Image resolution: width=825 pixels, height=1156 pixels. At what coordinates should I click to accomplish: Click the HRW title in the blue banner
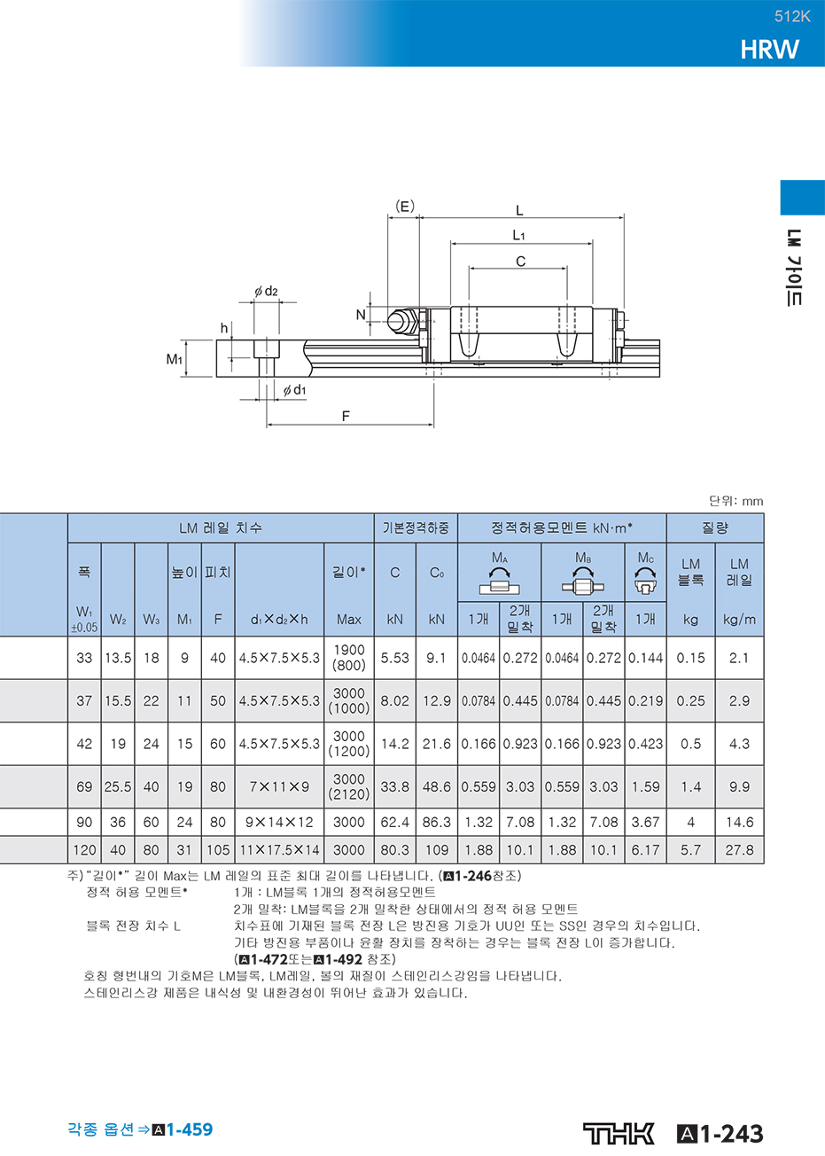(769, 50)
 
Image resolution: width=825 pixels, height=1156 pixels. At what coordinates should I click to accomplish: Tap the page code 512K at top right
(792, 17)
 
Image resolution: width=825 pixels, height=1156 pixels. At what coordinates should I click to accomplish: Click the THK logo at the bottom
(619, 1134)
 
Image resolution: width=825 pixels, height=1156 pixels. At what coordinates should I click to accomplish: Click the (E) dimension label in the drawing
(405, 207)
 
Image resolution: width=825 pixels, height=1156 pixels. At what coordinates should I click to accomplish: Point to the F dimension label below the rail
(346, 416)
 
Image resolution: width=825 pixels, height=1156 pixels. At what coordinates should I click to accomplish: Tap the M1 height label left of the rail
(175, 359)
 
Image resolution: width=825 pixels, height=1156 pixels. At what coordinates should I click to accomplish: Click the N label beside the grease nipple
(361, 315)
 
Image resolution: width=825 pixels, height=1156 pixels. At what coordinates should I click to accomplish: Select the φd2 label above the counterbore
(266, 292)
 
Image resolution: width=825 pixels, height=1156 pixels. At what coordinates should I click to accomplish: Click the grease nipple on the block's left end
(402, 321)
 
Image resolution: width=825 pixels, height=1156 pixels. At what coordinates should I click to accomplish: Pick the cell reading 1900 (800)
(349, 658)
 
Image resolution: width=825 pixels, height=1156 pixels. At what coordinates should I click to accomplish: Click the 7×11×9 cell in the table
(279, 786)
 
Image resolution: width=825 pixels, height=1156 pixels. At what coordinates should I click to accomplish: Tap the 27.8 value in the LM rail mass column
(739, 849)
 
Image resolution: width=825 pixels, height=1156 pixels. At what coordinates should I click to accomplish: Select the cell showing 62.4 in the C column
(394, 822)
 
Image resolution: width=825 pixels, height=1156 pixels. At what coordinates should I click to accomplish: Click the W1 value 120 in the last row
(84, 849)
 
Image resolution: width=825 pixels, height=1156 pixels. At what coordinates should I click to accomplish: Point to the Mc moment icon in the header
(645, 581)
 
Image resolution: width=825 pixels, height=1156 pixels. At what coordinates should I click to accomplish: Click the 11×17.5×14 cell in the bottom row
(279, 849)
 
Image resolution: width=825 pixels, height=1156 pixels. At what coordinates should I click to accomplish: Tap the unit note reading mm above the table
(752, 501)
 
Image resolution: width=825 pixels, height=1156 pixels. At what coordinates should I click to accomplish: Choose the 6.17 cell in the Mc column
(645, 849)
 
